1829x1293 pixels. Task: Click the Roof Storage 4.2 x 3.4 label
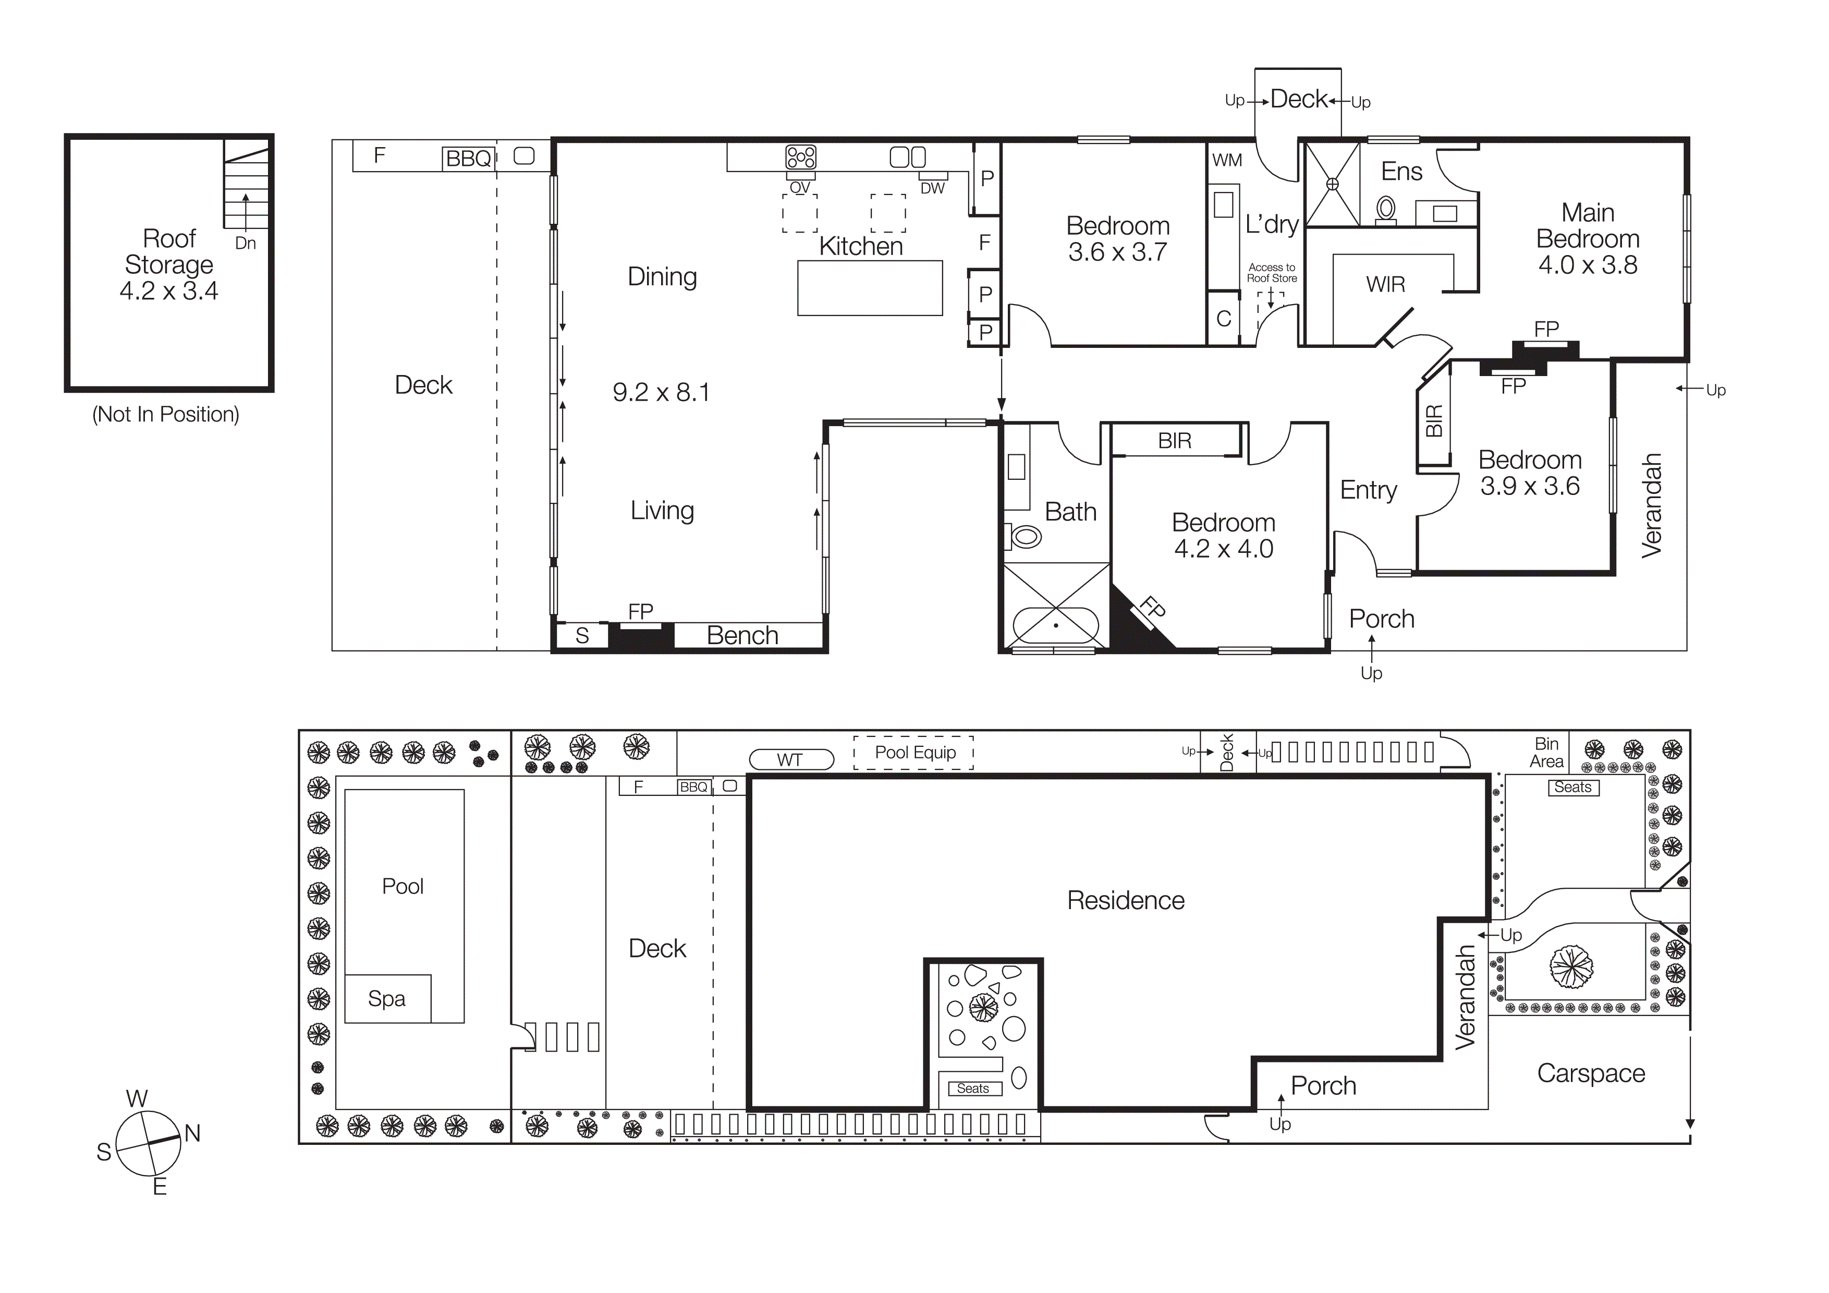click(x=169, y=264)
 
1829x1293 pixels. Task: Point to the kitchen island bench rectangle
click(x=870, y=287)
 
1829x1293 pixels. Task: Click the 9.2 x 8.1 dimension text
click(x=661, y=392)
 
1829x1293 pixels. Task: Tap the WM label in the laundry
click(x=1227, y=160)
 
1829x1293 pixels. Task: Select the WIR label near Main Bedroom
click(x=1385, y=284)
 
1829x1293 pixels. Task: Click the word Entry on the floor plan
click(x=1369, y=489)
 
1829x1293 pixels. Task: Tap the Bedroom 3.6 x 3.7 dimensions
click(x=1118, y=252)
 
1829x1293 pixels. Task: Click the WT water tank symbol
click(x=790, y=760)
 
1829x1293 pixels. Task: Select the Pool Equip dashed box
click(x=915, y=752)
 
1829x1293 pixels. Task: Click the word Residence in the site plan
click(x=1126, y=900)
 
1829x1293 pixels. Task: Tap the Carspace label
click(x=1591, y=1073)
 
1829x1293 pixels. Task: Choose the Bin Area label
click(x=1546, y=752)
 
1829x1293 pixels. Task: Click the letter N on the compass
click(x=192, y=1133)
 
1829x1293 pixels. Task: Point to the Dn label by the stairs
click(x=246, y=244)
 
